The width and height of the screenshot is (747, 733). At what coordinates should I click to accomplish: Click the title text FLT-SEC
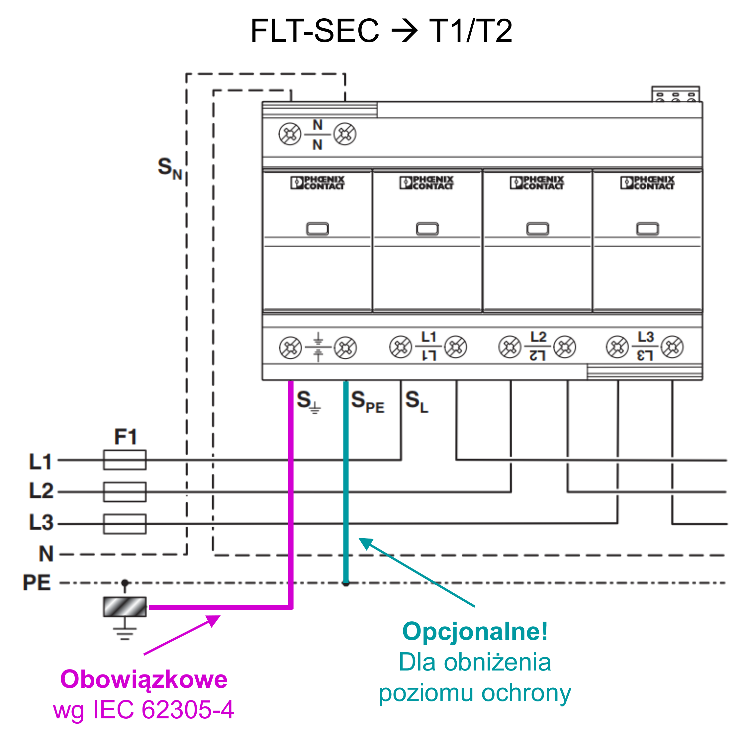click(315, 31)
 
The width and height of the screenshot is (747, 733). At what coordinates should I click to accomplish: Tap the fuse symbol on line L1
click(125, 460)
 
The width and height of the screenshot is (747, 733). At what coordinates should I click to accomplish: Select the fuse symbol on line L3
click(125, 524)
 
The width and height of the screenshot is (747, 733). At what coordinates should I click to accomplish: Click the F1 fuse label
click(126, 437)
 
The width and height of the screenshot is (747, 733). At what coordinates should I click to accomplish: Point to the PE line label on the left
click(37, 582)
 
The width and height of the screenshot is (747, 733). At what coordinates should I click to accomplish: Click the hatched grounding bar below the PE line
click(125, 607)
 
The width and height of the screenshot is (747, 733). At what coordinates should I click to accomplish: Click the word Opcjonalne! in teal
click(475, 631)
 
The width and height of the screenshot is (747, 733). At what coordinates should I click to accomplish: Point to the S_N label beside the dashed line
click(170, 168)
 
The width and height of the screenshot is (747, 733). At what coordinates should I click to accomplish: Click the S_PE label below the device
click(367, 402)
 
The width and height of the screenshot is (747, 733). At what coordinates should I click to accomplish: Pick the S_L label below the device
click(417, 402)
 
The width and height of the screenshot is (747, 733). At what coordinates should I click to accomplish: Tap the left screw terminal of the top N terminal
click(290, 134)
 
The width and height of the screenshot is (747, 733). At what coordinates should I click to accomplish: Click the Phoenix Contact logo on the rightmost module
click(647, 183)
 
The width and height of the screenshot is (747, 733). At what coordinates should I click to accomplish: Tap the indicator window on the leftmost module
click(317, 229)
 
